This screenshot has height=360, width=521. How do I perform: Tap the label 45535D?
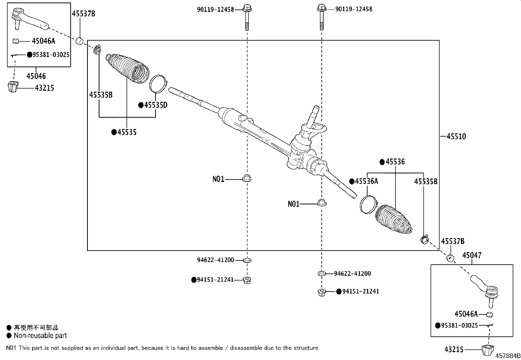(x=155, y=105)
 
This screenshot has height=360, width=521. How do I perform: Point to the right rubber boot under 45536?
(x=394, y=220)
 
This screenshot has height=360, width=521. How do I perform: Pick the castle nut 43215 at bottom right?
(x=488, y=351)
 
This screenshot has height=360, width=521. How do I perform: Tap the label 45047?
(x=472, y=255)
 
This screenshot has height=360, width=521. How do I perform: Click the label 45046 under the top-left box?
(x=36, y=76)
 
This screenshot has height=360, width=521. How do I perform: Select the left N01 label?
(x=218, y=179)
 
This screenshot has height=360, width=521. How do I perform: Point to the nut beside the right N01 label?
(x=322, y=203)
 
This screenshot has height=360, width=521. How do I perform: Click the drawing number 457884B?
(x=507, y=356)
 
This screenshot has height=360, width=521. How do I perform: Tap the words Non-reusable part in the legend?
(x=40, y=335)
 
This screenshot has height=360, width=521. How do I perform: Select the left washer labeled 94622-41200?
(x=247, y=260)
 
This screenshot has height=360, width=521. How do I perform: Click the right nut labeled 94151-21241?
(x=322, y=292)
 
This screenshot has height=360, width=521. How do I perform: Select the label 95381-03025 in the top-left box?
(x=51, y=55)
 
